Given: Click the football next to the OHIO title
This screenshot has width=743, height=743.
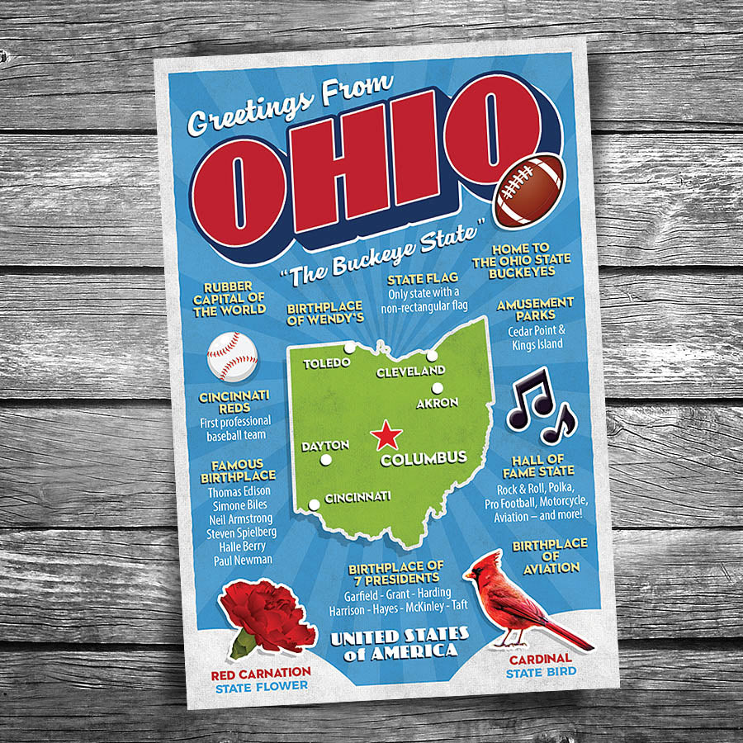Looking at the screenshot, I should (529, 191).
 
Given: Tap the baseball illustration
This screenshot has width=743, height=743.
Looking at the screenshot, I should (232, 356).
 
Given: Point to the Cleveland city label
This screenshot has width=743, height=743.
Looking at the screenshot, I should (410, 372).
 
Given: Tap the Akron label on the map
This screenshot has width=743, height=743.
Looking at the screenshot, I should (437, 404).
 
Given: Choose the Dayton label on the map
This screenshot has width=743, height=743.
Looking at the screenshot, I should (325, 446).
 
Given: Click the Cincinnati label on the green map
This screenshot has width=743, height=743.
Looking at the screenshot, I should (357, 498).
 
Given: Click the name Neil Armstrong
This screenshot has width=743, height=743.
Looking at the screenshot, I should (241, 518).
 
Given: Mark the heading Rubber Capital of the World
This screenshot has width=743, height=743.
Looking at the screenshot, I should (230, 299).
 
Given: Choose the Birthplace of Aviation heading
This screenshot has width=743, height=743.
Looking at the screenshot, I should (549, 556).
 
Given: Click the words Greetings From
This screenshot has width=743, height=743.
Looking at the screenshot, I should (290, 106).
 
